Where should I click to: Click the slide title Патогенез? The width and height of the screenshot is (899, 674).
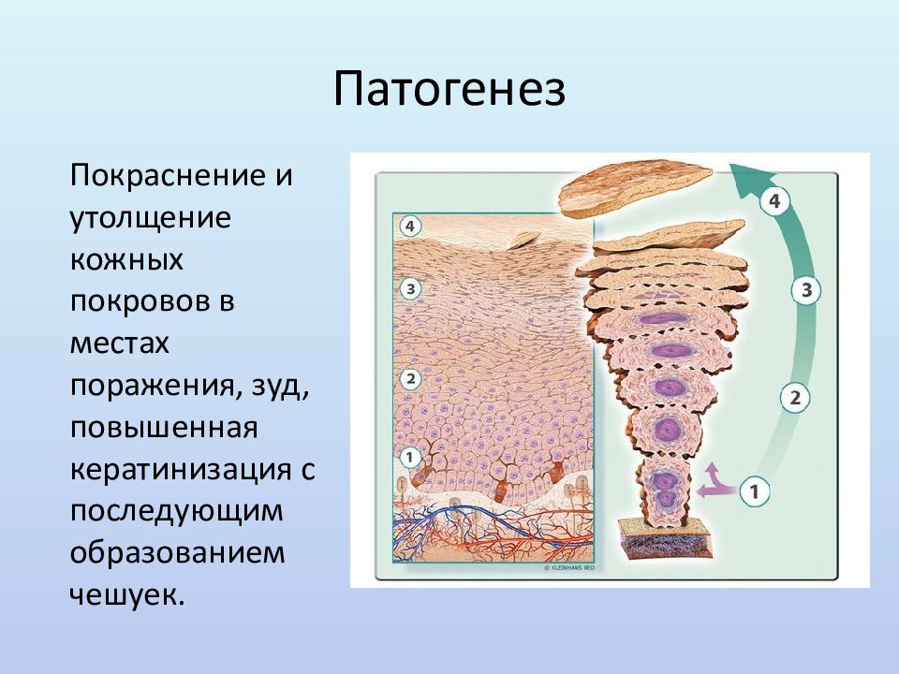pos(449,90)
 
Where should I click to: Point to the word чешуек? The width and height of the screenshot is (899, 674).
pos(127,596)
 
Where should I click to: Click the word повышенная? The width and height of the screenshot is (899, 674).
pos(164,429)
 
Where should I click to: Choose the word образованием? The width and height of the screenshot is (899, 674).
pos(177,553)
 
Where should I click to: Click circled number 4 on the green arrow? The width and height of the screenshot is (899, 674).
pos(774,201)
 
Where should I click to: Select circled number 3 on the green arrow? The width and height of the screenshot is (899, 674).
pos(806,290)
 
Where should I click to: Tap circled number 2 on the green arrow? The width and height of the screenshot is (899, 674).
pos(795,398)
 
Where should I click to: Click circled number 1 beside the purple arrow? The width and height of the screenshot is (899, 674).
pos(754,491)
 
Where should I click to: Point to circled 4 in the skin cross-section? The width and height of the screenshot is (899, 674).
pos(409,227)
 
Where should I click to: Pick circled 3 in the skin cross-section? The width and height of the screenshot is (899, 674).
pos(410,289)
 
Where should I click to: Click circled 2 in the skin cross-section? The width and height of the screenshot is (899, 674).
pos(410,379)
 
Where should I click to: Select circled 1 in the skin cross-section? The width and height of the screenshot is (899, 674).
pos(409,458)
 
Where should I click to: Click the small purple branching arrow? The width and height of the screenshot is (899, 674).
pos(715,484)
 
